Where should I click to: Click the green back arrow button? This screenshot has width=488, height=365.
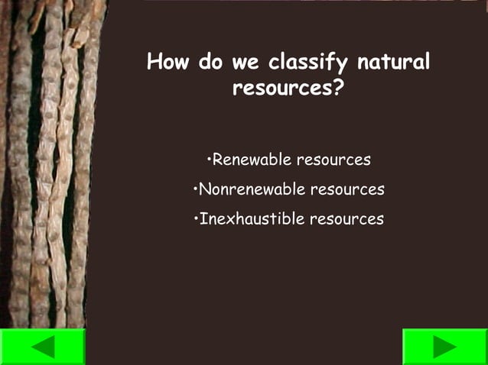tap(42, 347)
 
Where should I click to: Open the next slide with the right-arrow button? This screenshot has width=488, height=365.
tap(445, 347)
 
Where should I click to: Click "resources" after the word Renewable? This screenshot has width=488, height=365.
tap(333, 160)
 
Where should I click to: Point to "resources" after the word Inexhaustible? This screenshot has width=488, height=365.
tap(346, 219)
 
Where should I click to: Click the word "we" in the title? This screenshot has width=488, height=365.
tap(242, 63)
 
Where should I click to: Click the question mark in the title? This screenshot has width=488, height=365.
tap(337, 88)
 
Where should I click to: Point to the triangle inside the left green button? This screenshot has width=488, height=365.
tap(44, 347)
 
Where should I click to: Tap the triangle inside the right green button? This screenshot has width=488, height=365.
tap(444, 347)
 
